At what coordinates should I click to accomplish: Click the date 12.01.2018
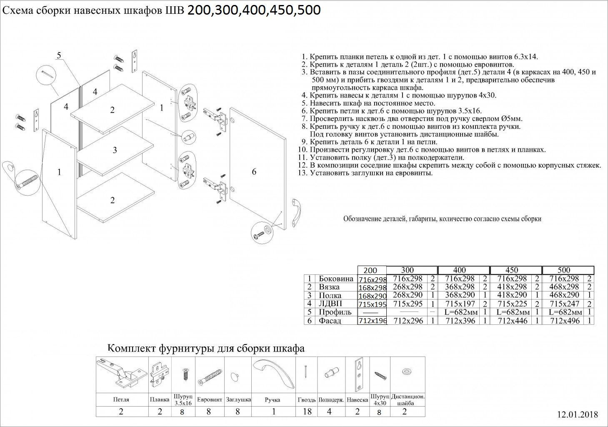577,414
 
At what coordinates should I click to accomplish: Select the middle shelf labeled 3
115,151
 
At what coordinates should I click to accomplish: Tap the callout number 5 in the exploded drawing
59,55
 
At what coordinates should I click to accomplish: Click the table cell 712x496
564,321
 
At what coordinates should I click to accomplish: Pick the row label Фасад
330,321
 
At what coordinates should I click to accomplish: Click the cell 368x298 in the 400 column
460,287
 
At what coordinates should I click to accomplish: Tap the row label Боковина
336,279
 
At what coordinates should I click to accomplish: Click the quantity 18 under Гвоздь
307,412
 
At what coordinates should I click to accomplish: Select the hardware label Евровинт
209,399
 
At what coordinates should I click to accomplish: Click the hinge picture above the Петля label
121,374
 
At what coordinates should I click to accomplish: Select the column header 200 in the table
373,270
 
